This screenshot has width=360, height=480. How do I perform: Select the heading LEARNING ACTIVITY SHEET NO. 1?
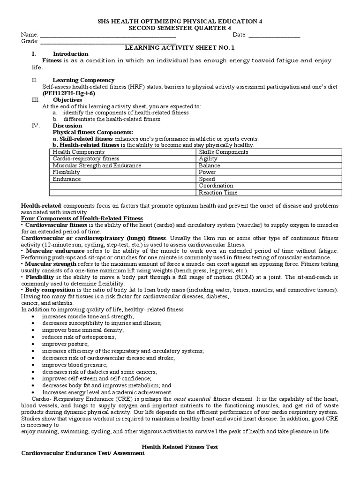pyautogui.click(x=180, y=48)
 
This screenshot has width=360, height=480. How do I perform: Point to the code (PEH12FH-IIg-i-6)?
pyautogui.click(x=68, y=93)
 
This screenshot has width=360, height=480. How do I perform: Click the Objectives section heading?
pyautogui.click(x=67, y=100)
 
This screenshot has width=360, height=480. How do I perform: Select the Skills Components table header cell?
pyautogui.click(x=223, y=152)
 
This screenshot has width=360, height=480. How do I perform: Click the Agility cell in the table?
pyautogui.click(x=208, y=159)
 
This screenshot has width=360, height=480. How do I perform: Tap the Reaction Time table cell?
pyautogui.click(x=218, y=193)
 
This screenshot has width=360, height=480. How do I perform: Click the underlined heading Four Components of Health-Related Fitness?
pyautogui.click(x=82, y=219)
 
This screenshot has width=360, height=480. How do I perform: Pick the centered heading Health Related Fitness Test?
pyautogui.click(x=180, y=447)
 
